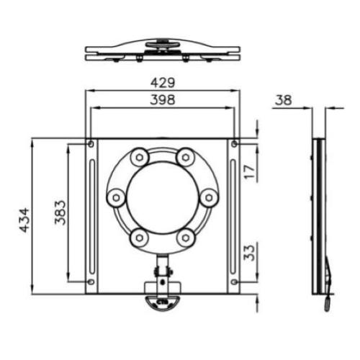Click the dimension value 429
[x=162, y=84]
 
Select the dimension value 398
[x=162, y=101]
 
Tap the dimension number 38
[x=284, y=101]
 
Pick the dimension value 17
[x=249, y=171]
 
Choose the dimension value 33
[x=249, y=253]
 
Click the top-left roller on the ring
[x=139, y=156]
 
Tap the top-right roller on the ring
[x=186, y=156]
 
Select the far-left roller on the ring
[x=115, y=197]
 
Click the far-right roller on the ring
[x=209, y=197]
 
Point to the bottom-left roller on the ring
[x=139, y=237]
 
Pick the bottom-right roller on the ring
[x=186, y=237]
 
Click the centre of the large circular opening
[x=162, y=197]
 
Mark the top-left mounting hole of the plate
[x=90, y=145]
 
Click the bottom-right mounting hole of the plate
[x=234, y=281]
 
